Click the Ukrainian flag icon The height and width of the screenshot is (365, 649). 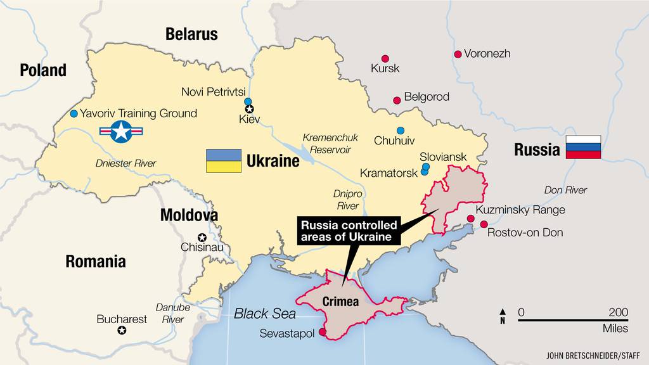(223, 161)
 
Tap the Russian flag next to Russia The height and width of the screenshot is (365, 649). (583, 147)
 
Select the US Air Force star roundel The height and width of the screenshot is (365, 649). (121, 132)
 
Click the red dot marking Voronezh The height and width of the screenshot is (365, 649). (458, 54)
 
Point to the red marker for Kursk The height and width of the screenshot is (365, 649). (385, 58)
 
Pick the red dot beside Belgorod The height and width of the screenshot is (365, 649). (397, 100)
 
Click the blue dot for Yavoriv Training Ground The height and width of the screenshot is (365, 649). (74, 113)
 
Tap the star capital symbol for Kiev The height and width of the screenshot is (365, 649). (249, 109)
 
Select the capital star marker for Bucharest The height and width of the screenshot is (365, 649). (121, 331)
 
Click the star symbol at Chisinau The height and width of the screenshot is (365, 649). (202, 238)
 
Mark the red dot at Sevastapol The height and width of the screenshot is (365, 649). (323, 331)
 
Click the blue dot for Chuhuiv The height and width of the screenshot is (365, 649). (400, 130)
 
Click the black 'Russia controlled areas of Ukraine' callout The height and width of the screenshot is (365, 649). (349, 231)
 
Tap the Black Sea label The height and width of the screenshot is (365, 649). (265, 313)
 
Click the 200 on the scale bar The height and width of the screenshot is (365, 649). (618, 312)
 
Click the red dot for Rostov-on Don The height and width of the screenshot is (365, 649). (484, 224)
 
